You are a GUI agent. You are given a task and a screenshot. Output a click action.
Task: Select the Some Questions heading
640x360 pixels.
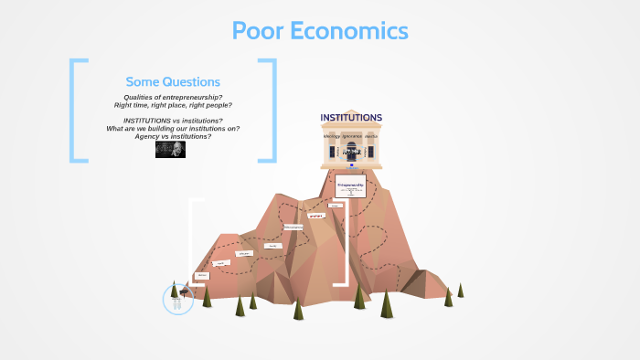point(173,81)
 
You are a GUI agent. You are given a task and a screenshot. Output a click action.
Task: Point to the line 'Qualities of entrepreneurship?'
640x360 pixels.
point(173,98)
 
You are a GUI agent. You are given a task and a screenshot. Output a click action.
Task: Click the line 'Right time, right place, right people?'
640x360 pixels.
point(173,105)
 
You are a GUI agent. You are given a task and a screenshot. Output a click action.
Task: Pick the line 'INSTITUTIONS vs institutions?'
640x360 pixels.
point(173,121)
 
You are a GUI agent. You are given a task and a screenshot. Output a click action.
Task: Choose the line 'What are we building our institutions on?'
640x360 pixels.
point(173,128)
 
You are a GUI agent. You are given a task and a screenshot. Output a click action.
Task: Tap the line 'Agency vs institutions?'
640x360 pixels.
point(173,135)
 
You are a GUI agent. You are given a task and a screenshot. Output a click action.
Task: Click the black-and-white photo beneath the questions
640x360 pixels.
point(171,149)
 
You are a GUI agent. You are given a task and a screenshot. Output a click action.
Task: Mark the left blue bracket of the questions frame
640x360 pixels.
point(73,111)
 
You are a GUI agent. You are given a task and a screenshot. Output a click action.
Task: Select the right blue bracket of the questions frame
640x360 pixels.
point(272,111)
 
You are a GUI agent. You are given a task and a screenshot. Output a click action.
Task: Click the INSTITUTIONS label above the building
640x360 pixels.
point(351,118)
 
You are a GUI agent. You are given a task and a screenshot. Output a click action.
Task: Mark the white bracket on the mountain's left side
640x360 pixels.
point(191,241)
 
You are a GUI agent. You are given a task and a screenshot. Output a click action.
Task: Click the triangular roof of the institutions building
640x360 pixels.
point(351,127)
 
